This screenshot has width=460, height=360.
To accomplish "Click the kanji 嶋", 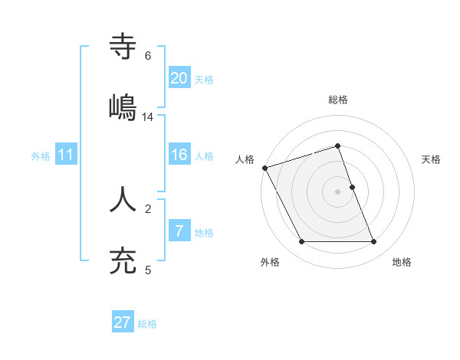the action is coord(123,107).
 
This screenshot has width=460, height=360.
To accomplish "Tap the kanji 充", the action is coord(123,260).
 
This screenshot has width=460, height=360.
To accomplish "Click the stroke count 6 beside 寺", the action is coord(147,56).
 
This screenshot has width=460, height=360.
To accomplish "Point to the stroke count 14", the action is coord(148,117).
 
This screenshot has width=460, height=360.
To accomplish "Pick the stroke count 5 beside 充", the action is coord(147,270).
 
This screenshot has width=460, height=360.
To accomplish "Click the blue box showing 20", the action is coord(179,77).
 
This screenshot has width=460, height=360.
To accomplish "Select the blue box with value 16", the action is coord(179,155).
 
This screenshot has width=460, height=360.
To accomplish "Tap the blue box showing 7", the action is coord(179,231).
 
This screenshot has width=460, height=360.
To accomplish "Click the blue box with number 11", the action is coord(66,155).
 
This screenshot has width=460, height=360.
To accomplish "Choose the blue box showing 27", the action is coord(123,322).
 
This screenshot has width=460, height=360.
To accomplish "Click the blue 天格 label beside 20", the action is coord(204,79).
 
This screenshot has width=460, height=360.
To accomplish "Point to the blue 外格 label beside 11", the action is coord(41,156).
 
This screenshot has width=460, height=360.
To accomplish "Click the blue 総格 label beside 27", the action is coord(147,324).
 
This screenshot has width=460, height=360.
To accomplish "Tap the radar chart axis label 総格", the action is coord(338,100).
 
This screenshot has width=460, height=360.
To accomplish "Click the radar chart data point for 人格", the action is coord(264,168).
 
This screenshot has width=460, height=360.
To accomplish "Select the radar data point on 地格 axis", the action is coord(374,242).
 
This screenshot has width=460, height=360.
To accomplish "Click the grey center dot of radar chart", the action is coord(338,191).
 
